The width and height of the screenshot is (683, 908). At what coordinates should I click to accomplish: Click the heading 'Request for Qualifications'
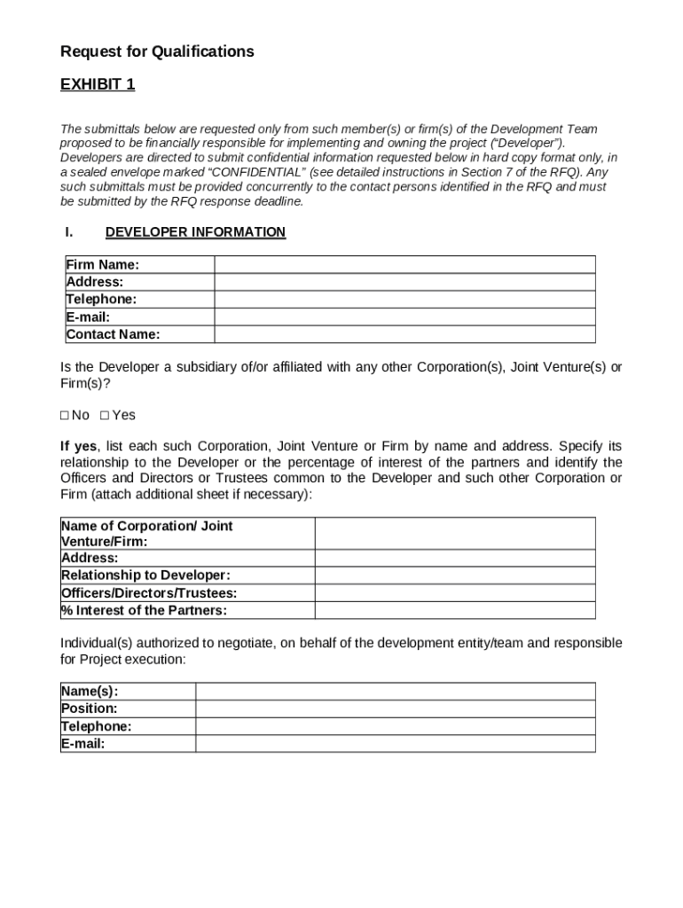tap(157, 51)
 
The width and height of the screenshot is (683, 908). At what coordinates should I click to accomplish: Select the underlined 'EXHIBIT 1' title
tap(98, 85)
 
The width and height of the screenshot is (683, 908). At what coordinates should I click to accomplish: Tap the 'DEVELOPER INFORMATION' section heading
tap(195, 232)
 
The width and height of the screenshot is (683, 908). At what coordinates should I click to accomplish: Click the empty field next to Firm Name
tap(404, 264)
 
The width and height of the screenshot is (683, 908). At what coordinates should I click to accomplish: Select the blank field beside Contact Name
tap(404, 334)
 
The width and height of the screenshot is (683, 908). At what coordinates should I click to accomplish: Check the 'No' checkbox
tap(65, 416)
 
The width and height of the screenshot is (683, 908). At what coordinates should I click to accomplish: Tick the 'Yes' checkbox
tap(105, 416)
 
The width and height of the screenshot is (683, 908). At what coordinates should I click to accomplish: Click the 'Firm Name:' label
tap(103, 264)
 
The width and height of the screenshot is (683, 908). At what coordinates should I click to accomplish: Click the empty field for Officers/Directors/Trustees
tap(455, 592)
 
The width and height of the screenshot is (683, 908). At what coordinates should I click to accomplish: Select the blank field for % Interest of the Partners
tap(455, 610)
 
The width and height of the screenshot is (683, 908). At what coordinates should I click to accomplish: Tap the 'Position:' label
tap(89, 708)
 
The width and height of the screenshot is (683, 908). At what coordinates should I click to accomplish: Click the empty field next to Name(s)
tap(395, 692)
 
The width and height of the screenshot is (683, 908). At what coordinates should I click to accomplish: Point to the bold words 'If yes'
tap(79, 446)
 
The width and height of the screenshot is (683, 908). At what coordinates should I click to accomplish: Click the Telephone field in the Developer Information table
tap(404, 300)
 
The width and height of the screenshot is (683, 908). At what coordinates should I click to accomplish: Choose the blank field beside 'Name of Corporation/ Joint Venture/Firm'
tap(455, 534)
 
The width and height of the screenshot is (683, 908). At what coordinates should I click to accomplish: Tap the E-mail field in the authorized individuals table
tap(395, 744)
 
